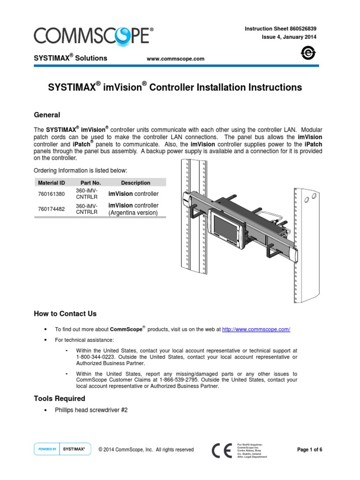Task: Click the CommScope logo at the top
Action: pyautogui.click(x=92, y=36)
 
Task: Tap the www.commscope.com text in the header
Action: pyautogui.click(x=176, y=59)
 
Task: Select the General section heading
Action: pyautogui.click(x=47, y=115)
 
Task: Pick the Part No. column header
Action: pyautogui.click(x=90, y=183)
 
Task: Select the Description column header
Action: pyautogui.click(x=135, y=183)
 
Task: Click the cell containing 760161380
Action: pyautogui.click(x=52, y=194)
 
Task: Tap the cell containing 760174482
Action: pyautogui.click(x=52, y=209)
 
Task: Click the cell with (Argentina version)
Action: pyautogui.click(x=134, y=213)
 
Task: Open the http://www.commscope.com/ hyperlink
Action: pyautogui.click(x=256, y=330)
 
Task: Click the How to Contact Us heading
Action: pyautogui.click(x=65, y=314)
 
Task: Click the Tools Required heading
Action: pyautogui.click(x=60, y=398)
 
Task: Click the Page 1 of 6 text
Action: pyautogui.click(x=310, y=450)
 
